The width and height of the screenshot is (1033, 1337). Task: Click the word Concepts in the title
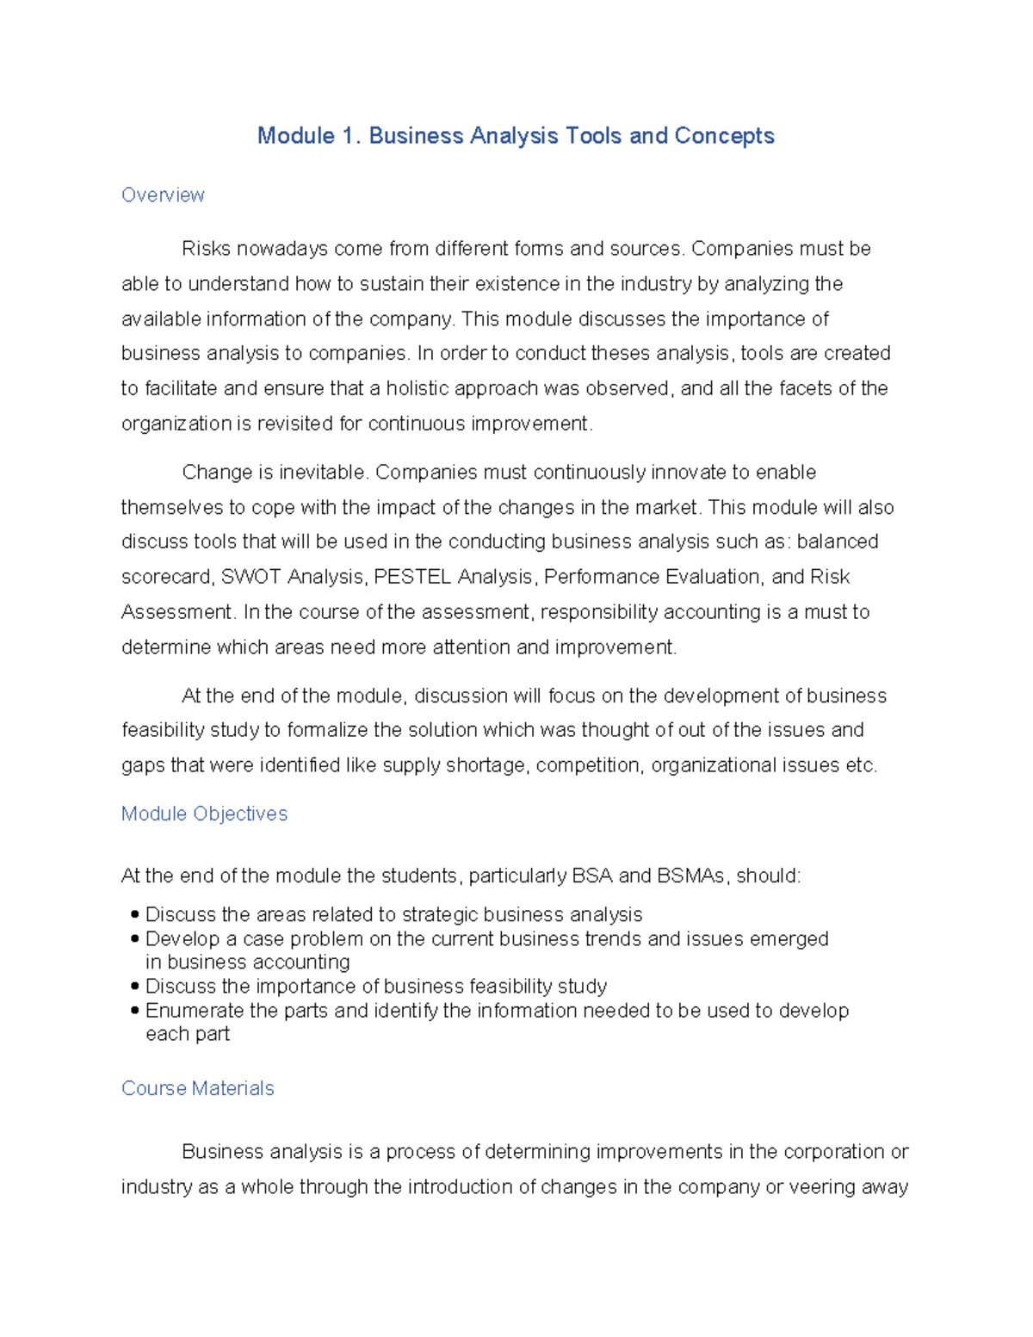(x=724, y=136)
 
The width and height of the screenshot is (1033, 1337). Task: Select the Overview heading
(x=163, y=195)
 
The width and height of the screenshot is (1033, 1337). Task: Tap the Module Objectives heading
(x=204, y=814)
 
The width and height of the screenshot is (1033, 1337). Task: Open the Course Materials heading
(x=197, y=1088)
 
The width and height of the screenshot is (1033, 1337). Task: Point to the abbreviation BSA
(x=591, y=876)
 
